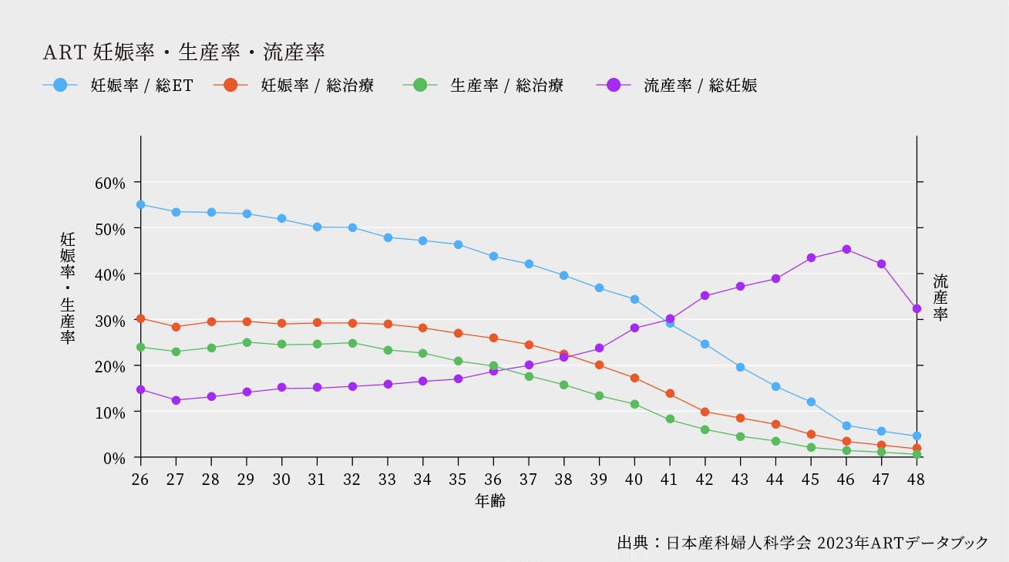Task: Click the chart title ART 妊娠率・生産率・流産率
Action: tap(183, 52)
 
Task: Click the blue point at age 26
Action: tap(140, 204)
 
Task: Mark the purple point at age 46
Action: tap(846, 249)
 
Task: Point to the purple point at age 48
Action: tap(917, 308)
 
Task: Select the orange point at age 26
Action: tap(140, 318)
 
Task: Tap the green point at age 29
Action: tap(247, 342)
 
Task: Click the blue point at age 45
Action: tap(811, 402)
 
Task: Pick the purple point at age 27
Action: tap(176, 400)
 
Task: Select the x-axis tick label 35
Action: tap(458, 479)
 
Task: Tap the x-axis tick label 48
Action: tap(917, 479)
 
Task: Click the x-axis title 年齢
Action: tap(490, 501)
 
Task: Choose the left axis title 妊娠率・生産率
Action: tap(68, 288)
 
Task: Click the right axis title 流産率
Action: tap(940, 297)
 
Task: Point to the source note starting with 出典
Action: tap(802, 543)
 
